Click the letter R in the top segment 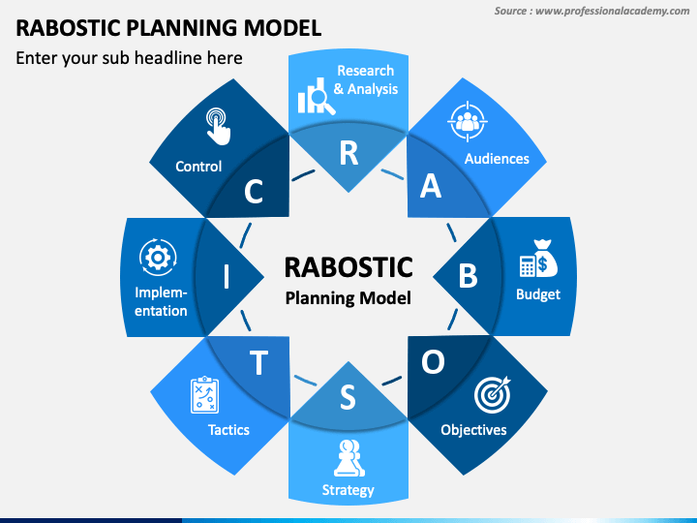pyautogui.click(x=348, y=152)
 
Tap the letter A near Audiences pyautogui.click(x=431, y=187)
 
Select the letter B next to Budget pyautogui.click(x=468, y=277)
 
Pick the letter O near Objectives pyautogui.click(x=433, y=361)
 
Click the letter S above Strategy pyautogui.click(x=348, y=397)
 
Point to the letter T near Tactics pyautogui.click(x=258, y=362)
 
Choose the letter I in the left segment pyautogui.click(x=227, y=277)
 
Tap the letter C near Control pyautogui.click(x=254, y=192)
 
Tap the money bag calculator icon pyautogui.click(x=537, y=259)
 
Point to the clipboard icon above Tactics pyautogui.click(x=205, y=395)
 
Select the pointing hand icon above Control pyautogui.click(x=218, y=126)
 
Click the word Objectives pyautogui.click(x=473, y=429)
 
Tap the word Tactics pyautogui.click(x=228, y=429)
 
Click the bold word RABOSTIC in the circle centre pyautogui.click(x=348, y=266)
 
